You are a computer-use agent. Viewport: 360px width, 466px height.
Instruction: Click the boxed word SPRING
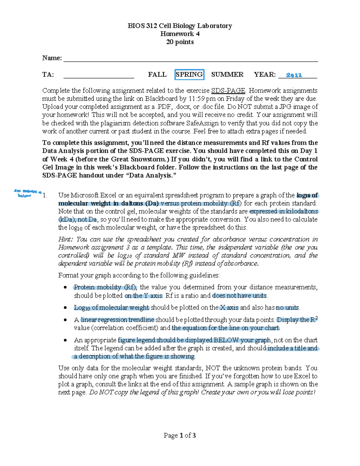point(189,74)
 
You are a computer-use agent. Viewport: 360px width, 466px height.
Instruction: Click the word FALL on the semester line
point(157,74)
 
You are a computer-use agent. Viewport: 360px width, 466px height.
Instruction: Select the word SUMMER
point(227,74)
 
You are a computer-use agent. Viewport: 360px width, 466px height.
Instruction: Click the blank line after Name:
point(190,59)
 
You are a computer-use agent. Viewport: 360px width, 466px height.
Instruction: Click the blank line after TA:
point(99,75)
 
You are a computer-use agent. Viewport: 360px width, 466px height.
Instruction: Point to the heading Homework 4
point(180,34)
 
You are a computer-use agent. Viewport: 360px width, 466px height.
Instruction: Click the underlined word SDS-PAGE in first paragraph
point(228,91)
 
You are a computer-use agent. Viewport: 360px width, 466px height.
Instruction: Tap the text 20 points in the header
point(180,42)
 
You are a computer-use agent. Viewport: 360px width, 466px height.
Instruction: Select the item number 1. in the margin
point(45,195)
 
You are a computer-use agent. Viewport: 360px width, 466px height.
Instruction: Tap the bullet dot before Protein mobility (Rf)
point(65,287)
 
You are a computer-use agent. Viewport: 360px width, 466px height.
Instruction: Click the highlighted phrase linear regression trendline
point(118,320)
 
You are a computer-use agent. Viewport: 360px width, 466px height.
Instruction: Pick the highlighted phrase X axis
point(229,308)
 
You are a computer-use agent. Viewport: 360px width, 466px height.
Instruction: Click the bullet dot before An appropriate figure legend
point(65,340)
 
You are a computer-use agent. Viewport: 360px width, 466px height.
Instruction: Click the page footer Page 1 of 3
point(180,435)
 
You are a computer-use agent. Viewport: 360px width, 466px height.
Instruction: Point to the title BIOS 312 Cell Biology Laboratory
point(180,26)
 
